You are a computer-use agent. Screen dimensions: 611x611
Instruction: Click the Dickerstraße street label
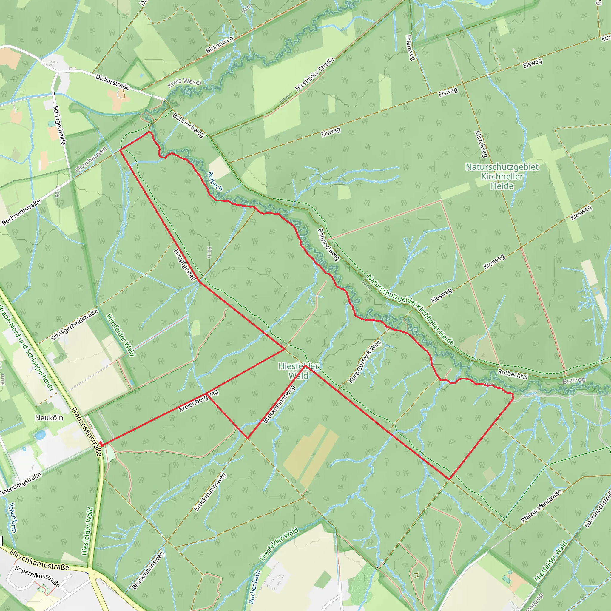tap(112, 82)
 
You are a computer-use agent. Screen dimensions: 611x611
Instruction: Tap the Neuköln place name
tap(49, 418)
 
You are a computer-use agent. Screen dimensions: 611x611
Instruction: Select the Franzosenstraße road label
tap(86, 432)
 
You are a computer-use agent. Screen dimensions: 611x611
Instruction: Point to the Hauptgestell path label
tap(185, 265)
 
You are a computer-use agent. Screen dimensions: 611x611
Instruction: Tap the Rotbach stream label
tap(215, 181)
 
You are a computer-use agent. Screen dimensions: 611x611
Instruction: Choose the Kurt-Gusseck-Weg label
tap(365, 362)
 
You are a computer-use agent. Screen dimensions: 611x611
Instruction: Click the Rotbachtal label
tap(513, 374)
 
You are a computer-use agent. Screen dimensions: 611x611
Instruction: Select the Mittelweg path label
tap(481, 144)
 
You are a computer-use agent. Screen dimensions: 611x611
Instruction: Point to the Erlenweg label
tap(410, 47)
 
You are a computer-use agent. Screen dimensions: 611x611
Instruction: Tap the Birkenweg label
tap(220, 44)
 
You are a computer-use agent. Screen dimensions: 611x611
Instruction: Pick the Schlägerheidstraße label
tap(74, 325)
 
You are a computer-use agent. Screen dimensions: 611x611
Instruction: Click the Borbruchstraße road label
tap(21, 212)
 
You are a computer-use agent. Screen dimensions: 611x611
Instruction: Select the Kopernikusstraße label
tap(37, 576)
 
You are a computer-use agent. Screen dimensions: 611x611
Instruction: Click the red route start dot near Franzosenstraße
tap(101, 443)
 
